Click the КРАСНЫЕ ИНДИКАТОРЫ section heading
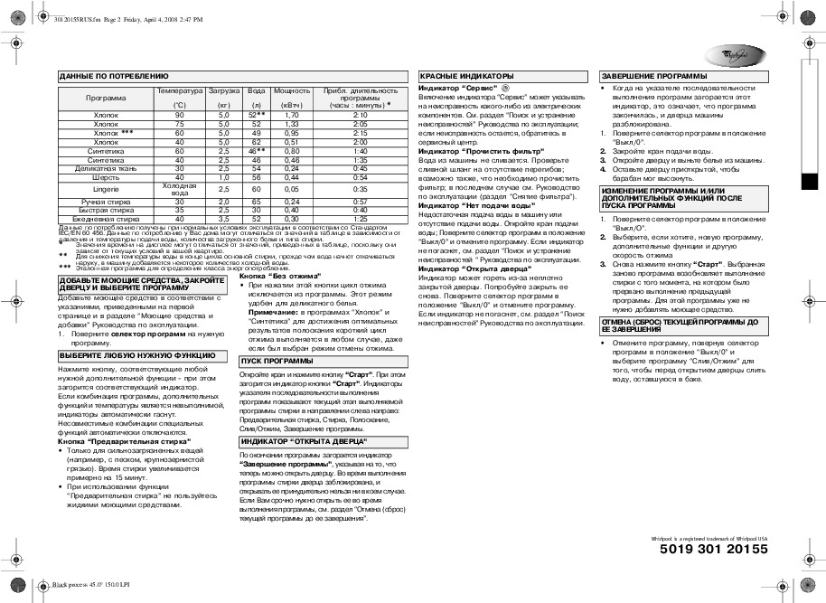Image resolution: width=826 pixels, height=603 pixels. [466, 76]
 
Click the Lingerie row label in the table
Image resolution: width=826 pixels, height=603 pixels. [106, 189]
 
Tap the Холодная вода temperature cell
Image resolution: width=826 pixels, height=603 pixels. [179, 189]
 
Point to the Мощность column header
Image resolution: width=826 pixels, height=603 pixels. [292, 91]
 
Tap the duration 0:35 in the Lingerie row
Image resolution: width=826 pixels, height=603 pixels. [360, 189]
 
